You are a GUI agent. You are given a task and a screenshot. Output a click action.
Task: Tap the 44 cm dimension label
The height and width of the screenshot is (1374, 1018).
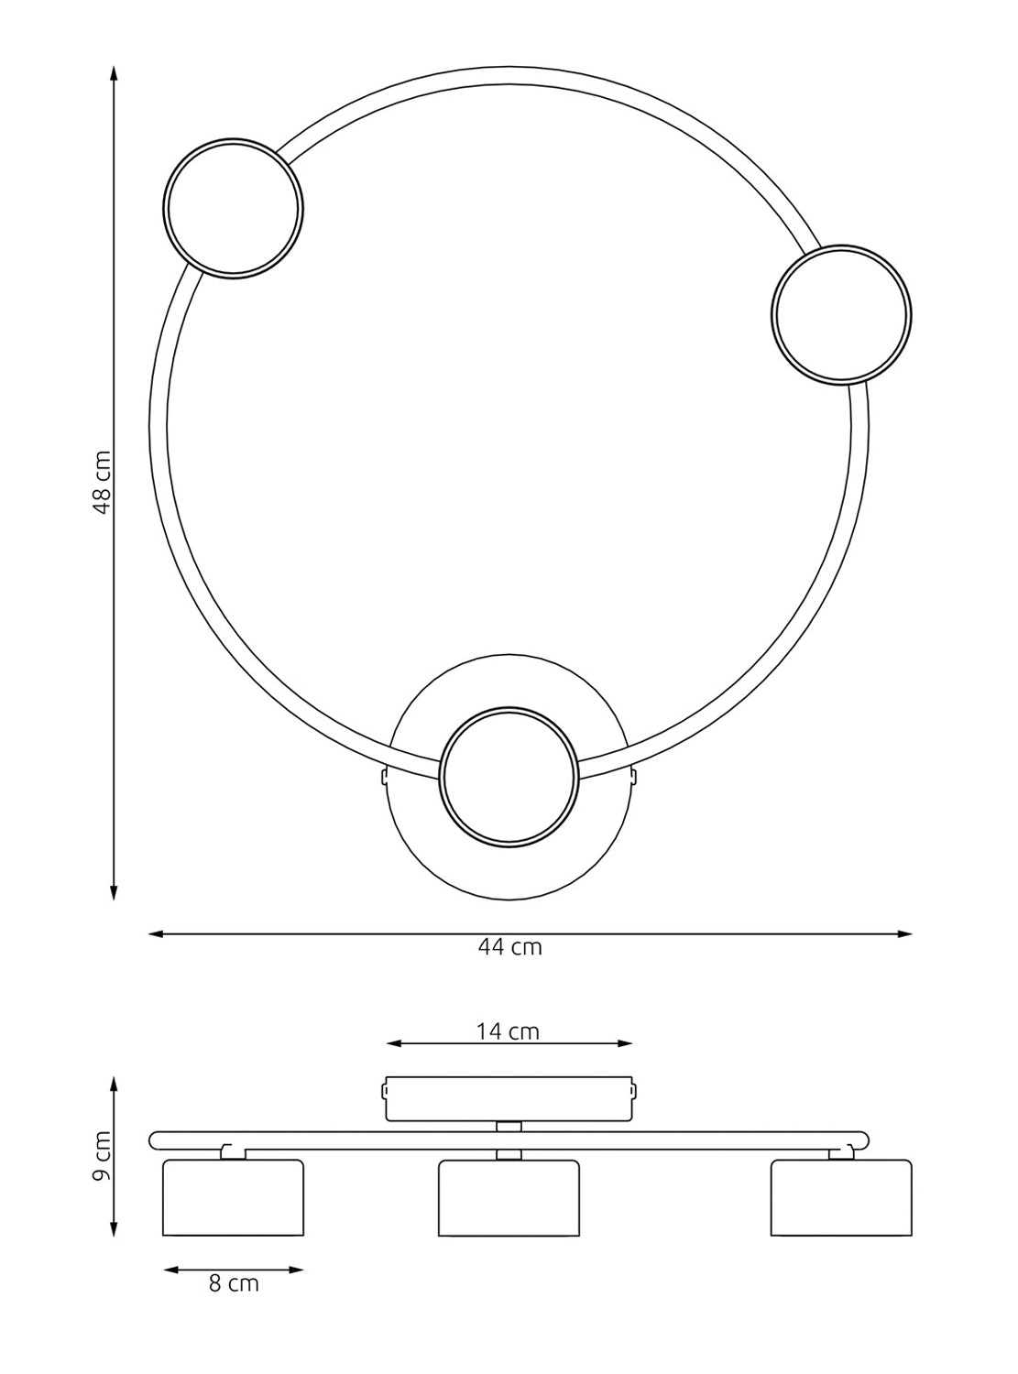tap(509, 947)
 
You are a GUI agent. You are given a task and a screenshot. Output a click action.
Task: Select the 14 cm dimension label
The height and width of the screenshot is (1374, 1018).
tap(508, 1031)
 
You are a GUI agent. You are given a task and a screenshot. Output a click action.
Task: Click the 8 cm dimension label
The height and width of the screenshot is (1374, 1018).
tap(234, 1283)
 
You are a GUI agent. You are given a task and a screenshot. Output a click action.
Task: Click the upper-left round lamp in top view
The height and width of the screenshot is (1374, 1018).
tap(234, 207)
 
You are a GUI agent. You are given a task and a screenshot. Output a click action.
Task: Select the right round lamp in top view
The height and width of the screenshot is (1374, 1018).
tap(841, 314)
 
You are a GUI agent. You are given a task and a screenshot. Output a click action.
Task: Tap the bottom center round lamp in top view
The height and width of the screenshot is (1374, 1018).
tap(509, 775)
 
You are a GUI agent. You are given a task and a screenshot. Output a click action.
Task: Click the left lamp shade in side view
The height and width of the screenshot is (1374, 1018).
tap(233, 1197)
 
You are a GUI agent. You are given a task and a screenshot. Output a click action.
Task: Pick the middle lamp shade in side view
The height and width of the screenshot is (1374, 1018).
tap(509, 1199)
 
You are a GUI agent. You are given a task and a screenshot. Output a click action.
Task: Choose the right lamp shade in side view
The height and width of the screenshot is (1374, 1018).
tap(841, 1197)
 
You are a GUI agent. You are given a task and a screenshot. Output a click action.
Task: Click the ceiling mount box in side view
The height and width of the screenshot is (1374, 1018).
tap(509, 1098)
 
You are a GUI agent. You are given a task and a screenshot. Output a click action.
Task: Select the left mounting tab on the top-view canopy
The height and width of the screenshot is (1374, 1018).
tap(385, 777)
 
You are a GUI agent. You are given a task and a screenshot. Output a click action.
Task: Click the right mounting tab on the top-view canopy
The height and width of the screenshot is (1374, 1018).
tap(633, 777)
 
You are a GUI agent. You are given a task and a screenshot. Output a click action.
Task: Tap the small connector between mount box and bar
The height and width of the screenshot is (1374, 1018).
tap(509, 1125)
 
